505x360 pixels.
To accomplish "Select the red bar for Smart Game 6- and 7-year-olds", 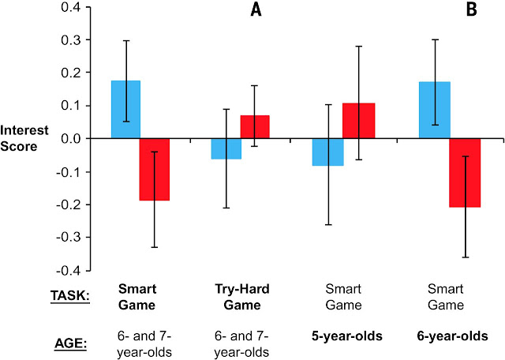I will pos(154,169).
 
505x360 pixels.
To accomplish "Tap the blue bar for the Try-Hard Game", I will pos(226,148).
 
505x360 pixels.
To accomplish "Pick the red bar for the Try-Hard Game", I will pos(255,126).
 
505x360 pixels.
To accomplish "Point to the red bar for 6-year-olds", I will pos(466,172).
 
